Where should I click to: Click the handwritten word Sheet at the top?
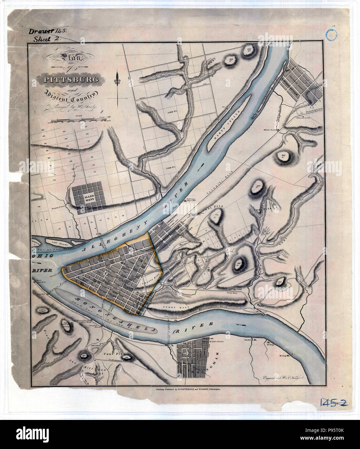(x=43, y=40)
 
